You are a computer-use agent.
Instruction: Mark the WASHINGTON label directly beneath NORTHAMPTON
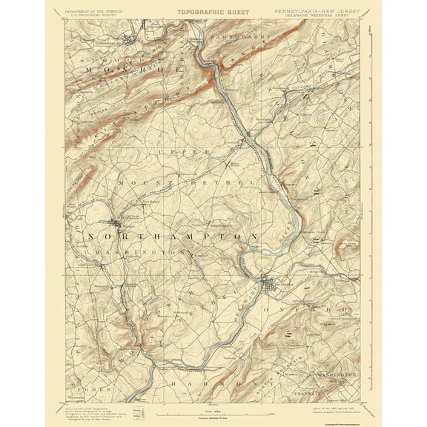tap(130, 251)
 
